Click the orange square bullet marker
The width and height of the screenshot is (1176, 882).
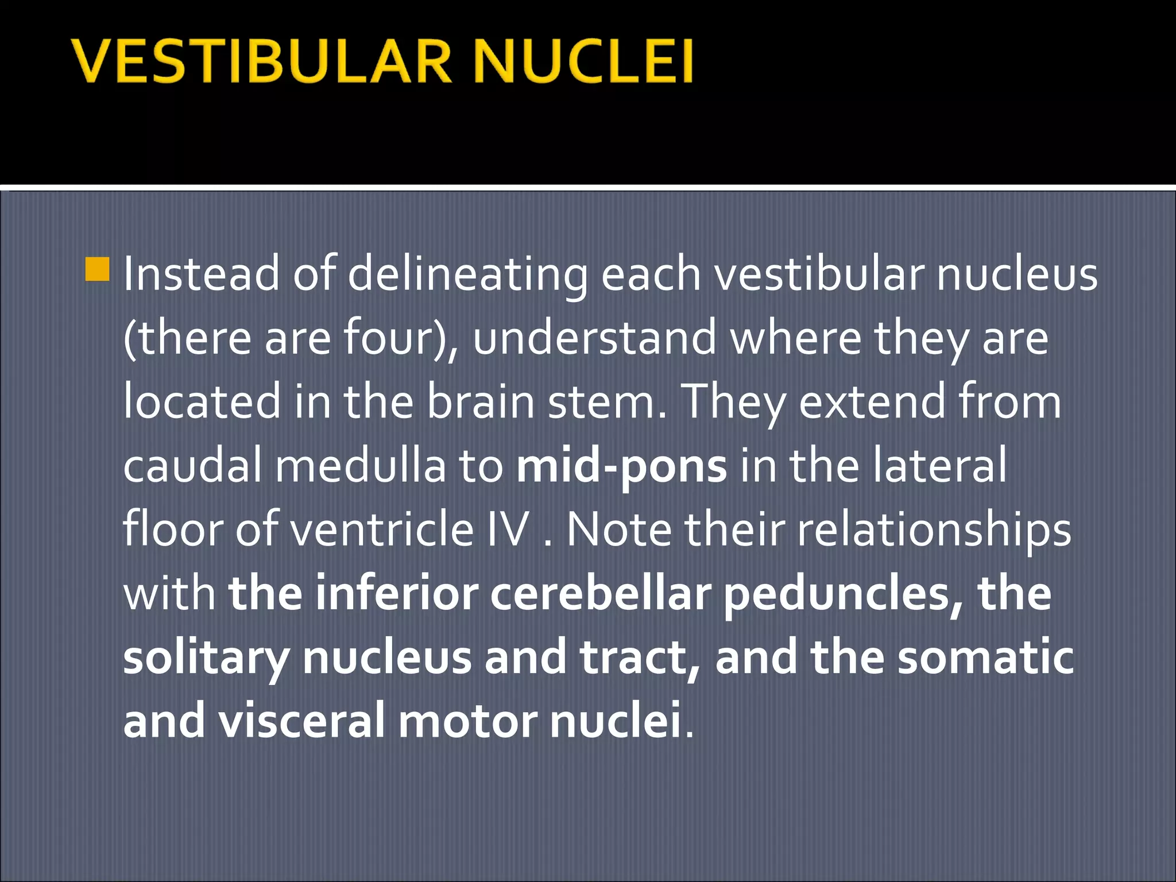97,269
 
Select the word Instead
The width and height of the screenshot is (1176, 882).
201,274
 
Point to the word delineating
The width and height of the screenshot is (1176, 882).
467,274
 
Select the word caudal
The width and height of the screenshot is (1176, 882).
192,466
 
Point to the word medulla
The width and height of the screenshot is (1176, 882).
360,466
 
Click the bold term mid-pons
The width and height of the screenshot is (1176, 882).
621,466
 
